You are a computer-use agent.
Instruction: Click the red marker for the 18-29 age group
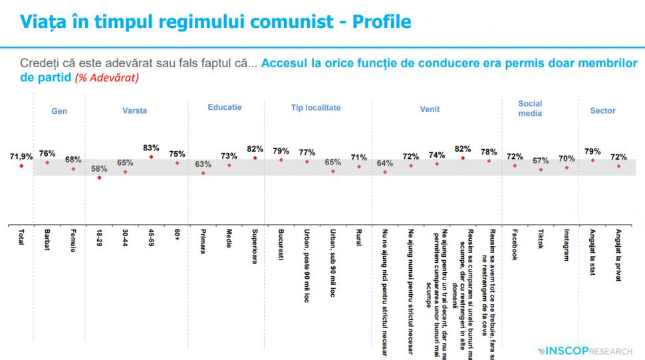(99, 178)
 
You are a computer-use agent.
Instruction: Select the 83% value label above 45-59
(151, 148)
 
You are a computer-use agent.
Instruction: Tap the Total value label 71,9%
(21, 156)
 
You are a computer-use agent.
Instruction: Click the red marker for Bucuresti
(281, 160)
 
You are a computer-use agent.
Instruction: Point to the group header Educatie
(224, 106)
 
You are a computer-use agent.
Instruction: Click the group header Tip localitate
(316, 107)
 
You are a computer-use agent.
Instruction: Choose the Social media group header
(530, 108)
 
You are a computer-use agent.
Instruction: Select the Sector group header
(602, 110)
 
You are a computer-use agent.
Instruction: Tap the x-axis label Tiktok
(541, 240)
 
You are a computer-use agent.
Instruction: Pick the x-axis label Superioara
(255, 247)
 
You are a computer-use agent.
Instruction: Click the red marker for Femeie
(73, 169)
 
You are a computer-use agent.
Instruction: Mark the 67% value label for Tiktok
(541, 160)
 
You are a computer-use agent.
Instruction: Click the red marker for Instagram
(567, 168)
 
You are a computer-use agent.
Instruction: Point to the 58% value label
(99, 168)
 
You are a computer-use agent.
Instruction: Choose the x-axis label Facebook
(515, 245)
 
